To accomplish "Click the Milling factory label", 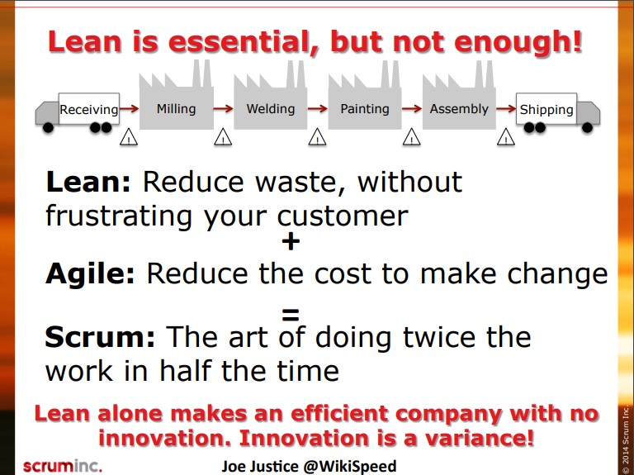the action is (x=176, y=109).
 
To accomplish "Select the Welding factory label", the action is (x=271, y=109).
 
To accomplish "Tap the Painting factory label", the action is (x=365, y=109).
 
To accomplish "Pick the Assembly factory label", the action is (x=459, y=109).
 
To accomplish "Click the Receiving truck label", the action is (x=89, y=110).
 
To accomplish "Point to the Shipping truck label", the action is (x=546, y=110).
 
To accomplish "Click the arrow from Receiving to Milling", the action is (x=129, y=108).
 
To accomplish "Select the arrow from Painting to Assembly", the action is (x=412, y=108).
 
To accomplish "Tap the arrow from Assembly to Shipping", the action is (x=506, y=108).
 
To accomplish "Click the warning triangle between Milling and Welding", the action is (x=223, y=137).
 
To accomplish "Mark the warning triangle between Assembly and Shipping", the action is (x=505, y=137).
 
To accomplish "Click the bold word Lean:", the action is (x=88, y=182).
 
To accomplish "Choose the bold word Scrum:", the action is (x=100, y=337).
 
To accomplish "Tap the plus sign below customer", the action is (x=291, y=242).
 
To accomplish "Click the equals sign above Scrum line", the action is (x=291, y=315).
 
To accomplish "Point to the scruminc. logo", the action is (x=63, y=466).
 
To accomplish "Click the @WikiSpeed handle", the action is (x=349, y=467).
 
